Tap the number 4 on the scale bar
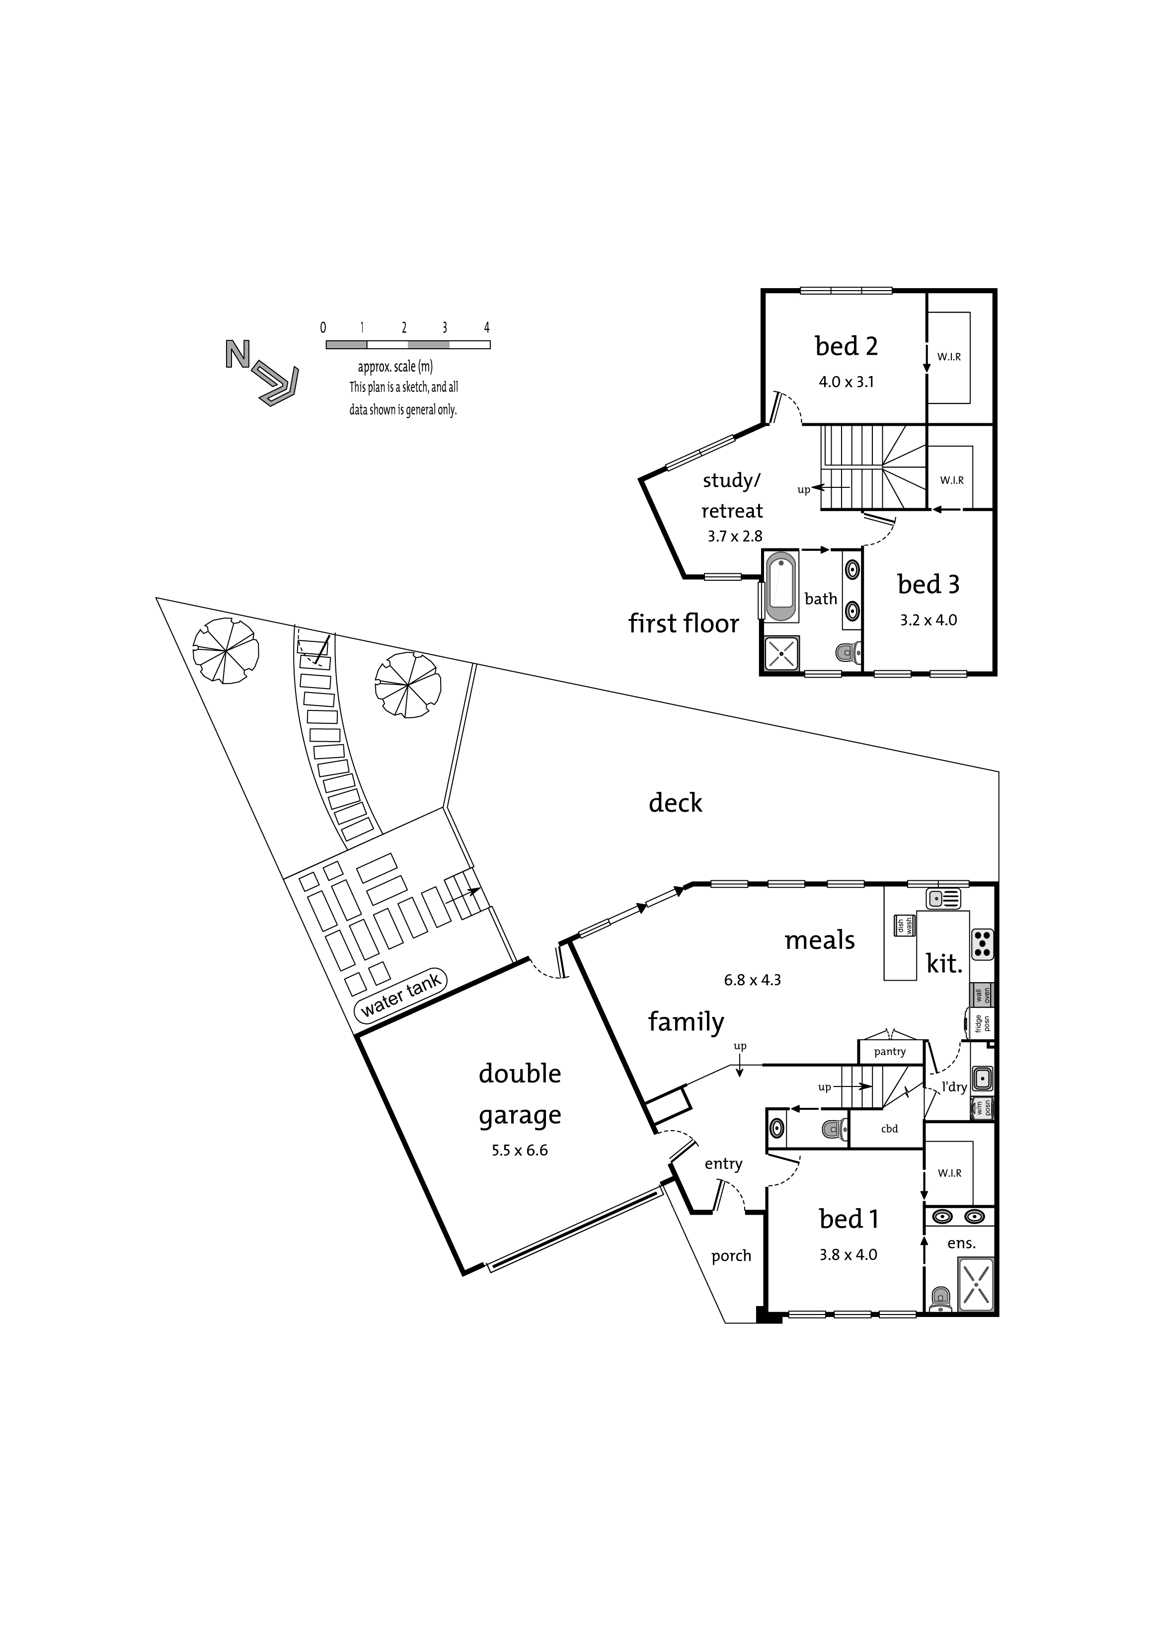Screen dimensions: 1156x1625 (x=487, y=327)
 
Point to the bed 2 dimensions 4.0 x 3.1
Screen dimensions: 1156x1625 (x=847, y=382)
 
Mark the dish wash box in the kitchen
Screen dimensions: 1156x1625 (x=905, y=926)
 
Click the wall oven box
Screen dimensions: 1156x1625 (x=982, y=995)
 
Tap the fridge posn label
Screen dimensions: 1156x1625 (x=982, y=1023)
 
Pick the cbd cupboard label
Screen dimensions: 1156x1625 (x=889, y=1128)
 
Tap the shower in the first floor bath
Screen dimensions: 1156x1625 (x=781, y=653)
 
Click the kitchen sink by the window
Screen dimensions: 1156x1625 (x=943, y=898)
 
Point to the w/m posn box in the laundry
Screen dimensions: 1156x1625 (x=983, y=1108)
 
